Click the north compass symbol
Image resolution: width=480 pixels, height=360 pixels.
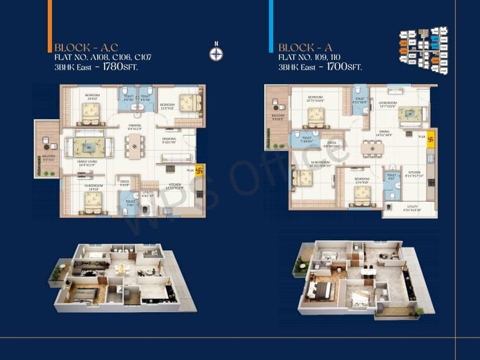tap(216, 54)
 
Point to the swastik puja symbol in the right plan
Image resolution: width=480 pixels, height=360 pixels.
tap(431, 136)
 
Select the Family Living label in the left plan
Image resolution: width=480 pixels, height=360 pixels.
tap(87, 162)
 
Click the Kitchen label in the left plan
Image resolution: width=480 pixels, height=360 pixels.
tap(174, 185)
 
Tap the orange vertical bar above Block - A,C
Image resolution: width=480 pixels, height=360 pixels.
tap(49, 20)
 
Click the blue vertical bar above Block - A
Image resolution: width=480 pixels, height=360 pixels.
tap(271, 20)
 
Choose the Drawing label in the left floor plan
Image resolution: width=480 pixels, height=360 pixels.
tap(169, 139)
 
